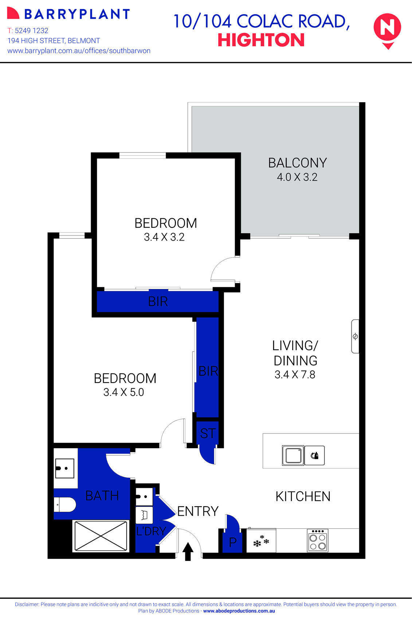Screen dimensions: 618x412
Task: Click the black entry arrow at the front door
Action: [x=188, y=551]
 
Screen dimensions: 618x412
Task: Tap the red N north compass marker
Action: [x=387, y=29]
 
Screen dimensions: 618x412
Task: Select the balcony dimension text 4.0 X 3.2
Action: [x=297, y=177]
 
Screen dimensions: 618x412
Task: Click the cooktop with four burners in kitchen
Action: [x=317, y=540]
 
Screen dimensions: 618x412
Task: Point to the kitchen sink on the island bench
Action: [x=293, y=455]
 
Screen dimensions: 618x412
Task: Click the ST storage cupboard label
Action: [x=208, y=433]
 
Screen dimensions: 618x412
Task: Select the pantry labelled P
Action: [x=232, y=542]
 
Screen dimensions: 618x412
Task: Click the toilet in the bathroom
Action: [x=66, y=505]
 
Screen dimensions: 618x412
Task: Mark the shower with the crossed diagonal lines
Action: [x=101, y=535]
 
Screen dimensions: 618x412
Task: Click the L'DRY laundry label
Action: [x=151, y=531]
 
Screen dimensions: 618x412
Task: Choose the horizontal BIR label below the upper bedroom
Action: [x=158, y=301]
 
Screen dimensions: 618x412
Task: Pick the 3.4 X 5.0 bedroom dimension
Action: [x=123, y=392]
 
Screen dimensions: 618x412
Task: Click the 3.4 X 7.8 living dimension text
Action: [x=295, y=375]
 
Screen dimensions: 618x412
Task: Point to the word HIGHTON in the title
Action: [x=261, y=40]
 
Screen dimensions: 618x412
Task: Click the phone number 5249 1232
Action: [x=31, y=31]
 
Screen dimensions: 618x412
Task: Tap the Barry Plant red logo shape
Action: [x=13, y=13]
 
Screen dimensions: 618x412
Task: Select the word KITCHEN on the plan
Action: [x=303, y=496]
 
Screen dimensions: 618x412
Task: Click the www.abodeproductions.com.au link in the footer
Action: [x=239, y=611]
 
